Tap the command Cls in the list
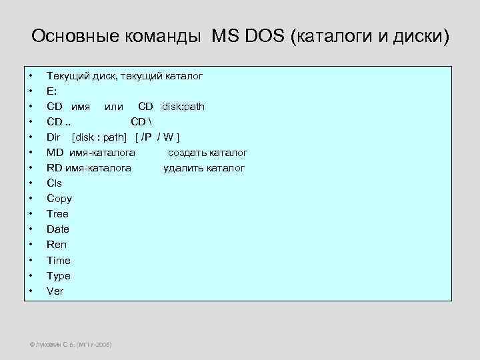[x=54, y=183]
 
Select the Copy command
[x=59, y=198]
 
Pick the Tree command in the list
[x=57, y=214]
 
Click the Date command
[x=58, y=229]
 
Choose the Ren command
[x=57, y=245]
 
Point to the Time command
[x=59, y=260]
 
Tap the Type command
[x=59, y=275]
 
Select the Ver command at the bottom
[x=55, y=291]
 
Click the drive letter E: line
[x=51, y=91]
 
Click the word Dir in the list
[x=53, y=137]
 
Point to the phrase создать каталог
[x=207, y=153]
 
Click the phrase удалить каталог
[x=204, y=168]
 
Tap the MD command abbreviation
[x=55, y=153]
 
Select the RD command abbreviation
[x=55, y=168]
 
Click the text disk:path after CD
[x=183, y=106]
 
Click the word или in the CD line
[x=114, y=106]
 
